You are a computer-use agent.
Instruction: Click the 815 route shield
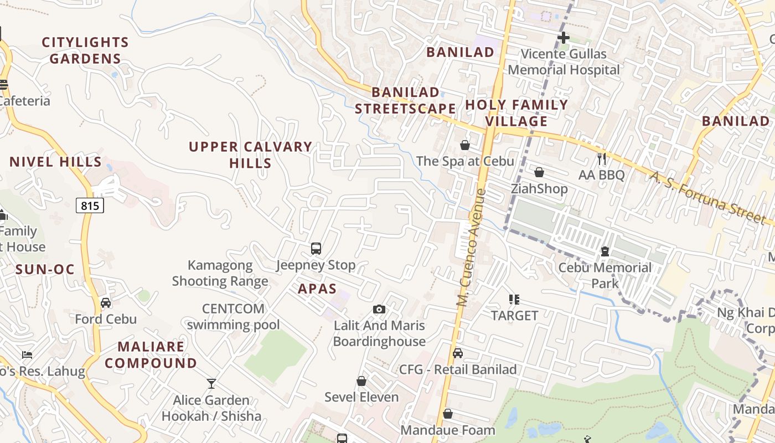(90, 206)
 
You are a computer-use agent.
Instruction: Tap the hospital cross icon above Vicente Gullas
(564, 38)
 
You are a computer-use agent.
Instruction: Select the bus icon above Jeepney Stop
(316, 249)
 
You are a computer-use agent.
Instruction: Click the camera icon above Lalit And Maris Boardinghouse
(379, 309)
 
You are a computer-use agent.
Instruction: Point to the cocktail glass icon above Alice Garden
(211, 383)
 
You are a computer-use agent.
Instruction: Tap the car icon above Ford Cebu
(106, 303)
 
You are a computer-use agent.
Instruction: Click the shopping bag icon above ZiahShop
(539, 172)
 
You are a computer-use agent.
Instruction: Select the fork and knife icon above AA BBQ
(602, 159)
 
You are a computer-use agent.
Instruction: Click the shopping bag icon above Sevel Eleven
(361, 381)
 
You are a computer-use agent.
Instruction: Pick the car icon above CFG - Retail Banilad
(458, 353)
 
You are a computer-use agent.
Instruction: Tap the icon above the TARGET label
(514, 300)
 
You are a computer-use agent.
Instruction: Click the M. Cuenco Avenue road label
(471, 248)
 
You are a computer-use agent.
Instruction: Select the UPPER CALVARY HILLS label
(250, 154)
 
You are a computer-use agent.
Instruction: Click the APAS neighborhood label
(317, 289)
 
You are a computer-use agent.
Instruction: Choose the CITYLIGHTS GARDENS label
(85, 50)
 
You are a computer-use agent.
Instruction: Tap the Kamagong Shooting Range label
(220, 273)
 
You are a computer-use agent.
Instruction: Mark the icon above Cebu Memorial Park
(605, 252)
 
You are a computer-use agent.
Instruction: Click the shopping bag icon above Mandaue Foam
(448, 414)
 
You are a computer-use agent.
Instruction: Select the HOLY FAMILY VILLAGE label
(516, 113)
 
